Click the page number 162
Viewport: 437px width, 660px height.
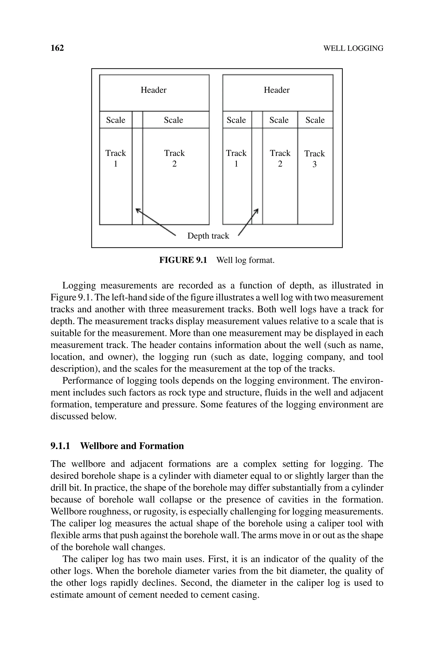click(x=57, y=48)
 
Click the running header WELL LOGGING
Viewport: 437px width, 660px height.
click(x=353, y=48)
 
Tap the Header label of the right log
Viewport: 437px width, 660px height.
click(x=277, y=90)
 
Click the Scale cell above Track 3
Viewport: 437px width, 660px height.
click(x=315, y=120)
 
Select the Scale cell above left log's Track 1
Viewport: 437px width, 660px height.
click(x=116, y=120)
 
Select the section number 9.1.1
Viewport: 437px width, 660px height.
click(x=60, y=446)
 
